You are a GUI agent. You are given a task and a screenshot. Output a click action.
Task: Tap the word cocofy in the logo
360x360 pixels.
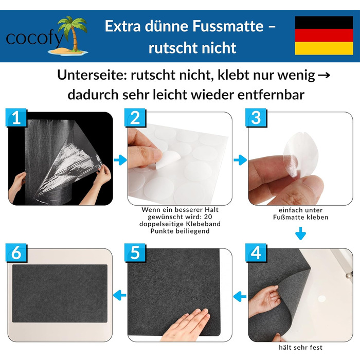tap(34, 39)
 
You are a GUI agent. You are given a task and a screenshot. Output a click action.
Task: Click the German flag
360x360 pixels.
tap(324, 35)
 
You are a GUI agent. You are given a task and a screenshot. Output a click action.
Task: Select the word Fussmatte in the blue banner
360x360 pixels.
tap(228, 26)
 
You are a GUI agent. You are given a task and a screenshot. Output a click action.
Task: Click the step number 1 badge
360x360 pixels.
tap(16, 118)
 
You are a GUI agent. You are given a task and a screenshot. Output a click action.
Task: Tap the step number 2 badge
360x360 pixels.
tap(135, 118)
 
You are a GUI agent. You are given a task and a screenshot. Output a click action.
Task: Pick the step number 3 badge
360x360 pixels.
tap(256, 118)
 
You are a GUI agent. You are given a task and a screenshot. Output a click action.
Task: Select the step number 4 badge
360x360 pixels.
tap(256, 253)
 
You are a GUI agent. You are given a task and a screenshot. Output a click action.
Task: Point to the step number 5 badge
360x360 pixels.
tap(135, 253)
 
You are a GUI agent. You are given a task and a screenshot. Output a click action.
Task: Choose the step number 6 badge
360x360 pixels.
tap(16, 253)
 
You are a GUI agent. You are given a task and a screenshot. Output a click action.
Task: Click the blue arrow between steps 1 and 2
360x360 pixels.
tap(120, 160)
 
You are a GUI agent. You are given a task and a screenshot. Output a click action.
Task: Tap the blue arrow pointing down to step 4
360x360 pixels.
tap(300, 233)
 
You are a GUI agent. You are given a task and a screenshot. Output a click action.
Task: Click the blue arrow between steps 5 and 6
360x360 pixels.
tap(120, 295)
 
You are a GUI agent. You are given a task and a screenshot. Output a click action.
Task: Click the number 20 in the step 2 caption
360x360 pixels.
tap(208, 217)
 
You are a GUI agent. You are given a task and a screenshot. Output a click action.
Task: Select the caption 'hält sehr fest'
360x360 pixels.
tap(300, 347)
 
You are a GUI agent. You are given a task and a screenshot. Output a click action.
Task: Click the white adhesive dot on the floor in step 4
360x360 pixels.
tap(321, 298)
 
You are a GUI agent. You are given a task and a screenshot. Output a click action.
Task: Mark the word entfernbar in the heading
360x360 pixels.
tap(271, 95)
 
